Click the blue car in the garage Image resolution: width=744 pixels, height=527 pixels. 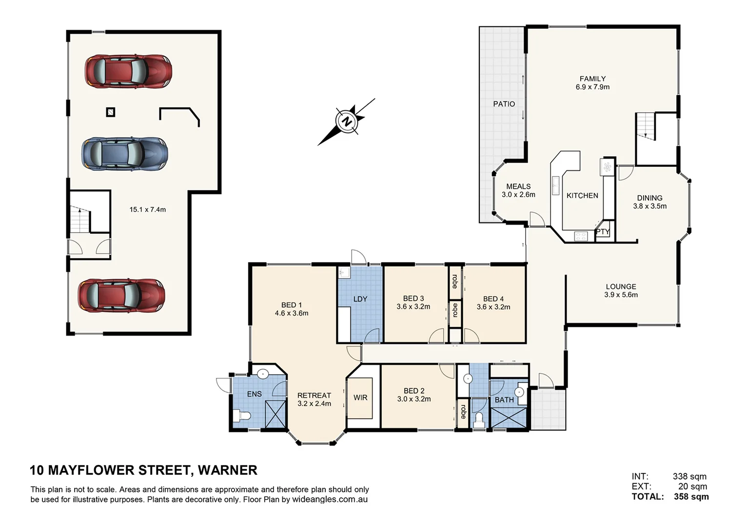coord(124,154)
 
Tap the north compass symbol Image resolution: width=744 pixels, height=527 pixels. coord(347,121)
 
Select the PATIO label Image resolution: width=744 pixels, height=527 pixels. coord(504,104)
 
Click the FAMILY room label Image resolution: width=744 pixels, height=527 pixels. coord(592,79)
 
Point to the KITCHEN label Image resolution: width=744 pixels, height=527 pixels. coord(582,196)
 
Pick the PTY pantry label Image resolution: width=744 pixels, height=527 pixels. coord(603,232)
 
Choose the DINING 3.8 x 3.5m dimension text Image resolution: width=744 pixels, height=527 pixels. coord(649,206)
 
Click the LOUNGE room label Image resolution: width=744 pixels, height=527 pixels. coord(621,286)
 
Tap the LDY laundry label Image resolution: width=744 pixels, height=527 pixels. coord(360,299)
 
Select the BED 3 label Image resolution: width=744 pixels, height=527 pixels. coord(413,299)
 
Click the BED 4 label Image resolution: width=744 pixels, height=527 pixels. coord(493,299)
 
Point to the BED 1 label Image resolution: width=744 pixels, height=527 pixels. coord(291,305)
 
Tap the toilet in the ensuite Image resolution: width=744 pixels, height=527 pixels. coord(242,416)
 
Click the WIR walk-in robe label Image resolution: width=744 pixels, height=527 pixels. coord(360,398)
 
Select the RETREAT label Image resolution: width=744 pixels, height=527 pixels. coord(314,395)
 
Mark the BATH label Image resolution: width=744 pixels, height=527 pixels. coord(504,400)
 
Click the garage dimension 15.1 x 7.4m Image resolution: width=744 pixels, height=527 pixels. coord(147,210)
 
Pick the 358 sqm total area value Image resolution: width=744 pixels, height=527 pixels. coord(691,497)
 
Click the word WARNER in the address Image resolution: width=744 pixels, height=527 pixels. coord(228,470)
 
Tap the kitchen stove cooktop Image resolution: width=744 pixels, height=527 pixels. coord(581,236)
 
